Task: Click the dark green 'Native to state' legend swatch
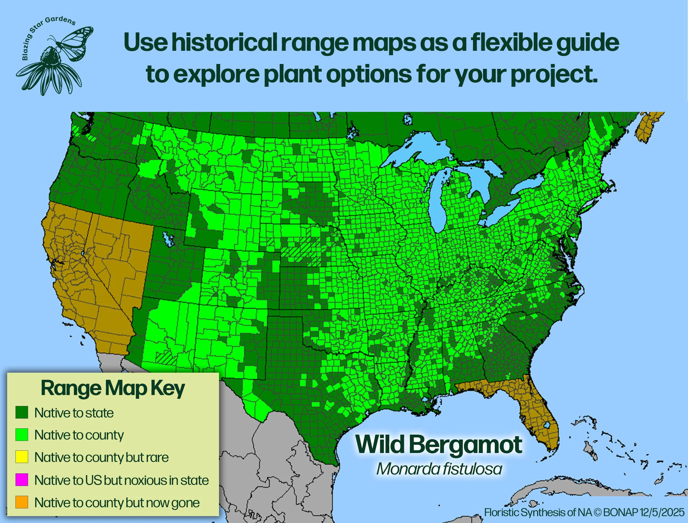point(22,412)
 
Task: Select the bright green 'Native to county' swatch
point(22,435)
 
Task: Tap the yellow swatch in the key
point(22,457)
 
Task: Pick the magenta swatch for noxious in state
point(22,480)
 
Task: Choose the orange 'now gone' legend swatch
point(22,502)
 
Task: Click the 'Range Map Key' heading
point(113,389)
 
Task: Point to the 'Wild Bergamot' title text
point(438,445)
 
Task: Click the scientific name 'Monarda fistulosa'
point(439,469)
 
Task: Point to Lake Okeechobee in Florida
point(546,425)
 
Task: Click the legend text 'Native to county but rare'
point(101,457)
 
